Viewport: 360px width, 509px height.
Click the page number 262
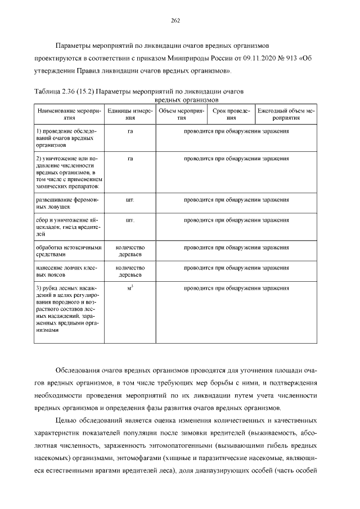[175, 21]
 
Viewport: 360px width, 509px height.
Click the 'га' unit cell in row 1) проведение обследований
[130, 131]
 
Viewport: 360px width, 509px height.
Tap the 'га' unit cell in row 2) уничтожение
[130, 159]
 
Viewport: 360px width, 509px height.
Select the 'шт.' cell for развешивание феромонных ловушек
[130, 200]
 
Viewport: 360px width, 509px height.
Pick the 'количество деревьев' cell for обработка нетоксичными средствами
[130, 251]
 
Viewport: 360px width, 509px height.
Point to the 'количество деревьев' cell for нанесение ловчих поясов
[130, 271]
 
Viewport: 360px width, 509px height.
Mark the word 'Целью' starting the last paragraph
[66, 420]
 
